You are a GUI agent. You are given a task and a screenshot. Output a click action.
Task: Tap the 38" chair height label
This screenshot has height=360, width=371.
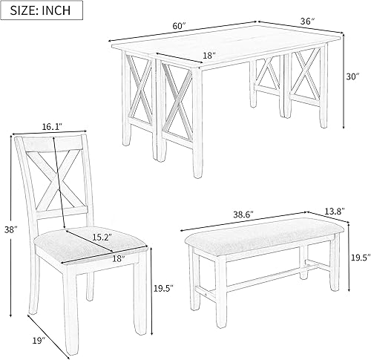(8, 230)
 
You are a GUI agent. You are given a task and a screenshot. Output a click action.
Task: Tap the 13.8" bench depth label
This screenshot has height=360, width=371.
(334, 212)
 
